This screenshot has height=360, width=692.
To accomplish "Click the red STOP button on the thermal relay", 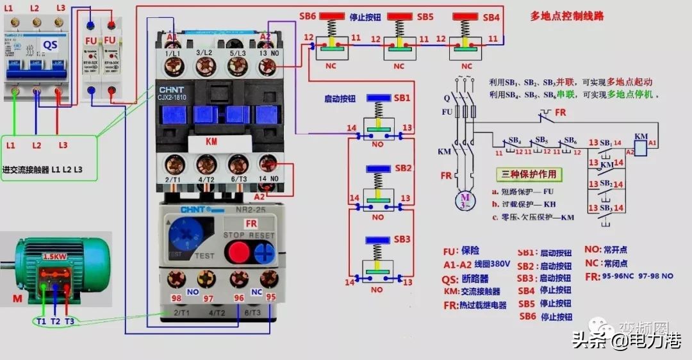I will tap(236, 250).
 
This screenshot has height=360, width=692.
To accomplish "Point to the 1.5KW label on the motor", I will tap(54, 256).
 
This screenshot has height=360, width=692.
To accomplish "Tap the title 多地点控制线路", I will tap(566, 15).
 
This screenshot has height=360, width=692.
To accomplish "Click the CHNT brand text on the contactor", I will tap(172, 90).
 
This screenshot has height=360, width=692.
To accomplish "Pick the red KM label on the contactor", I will tap(211, 140).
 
